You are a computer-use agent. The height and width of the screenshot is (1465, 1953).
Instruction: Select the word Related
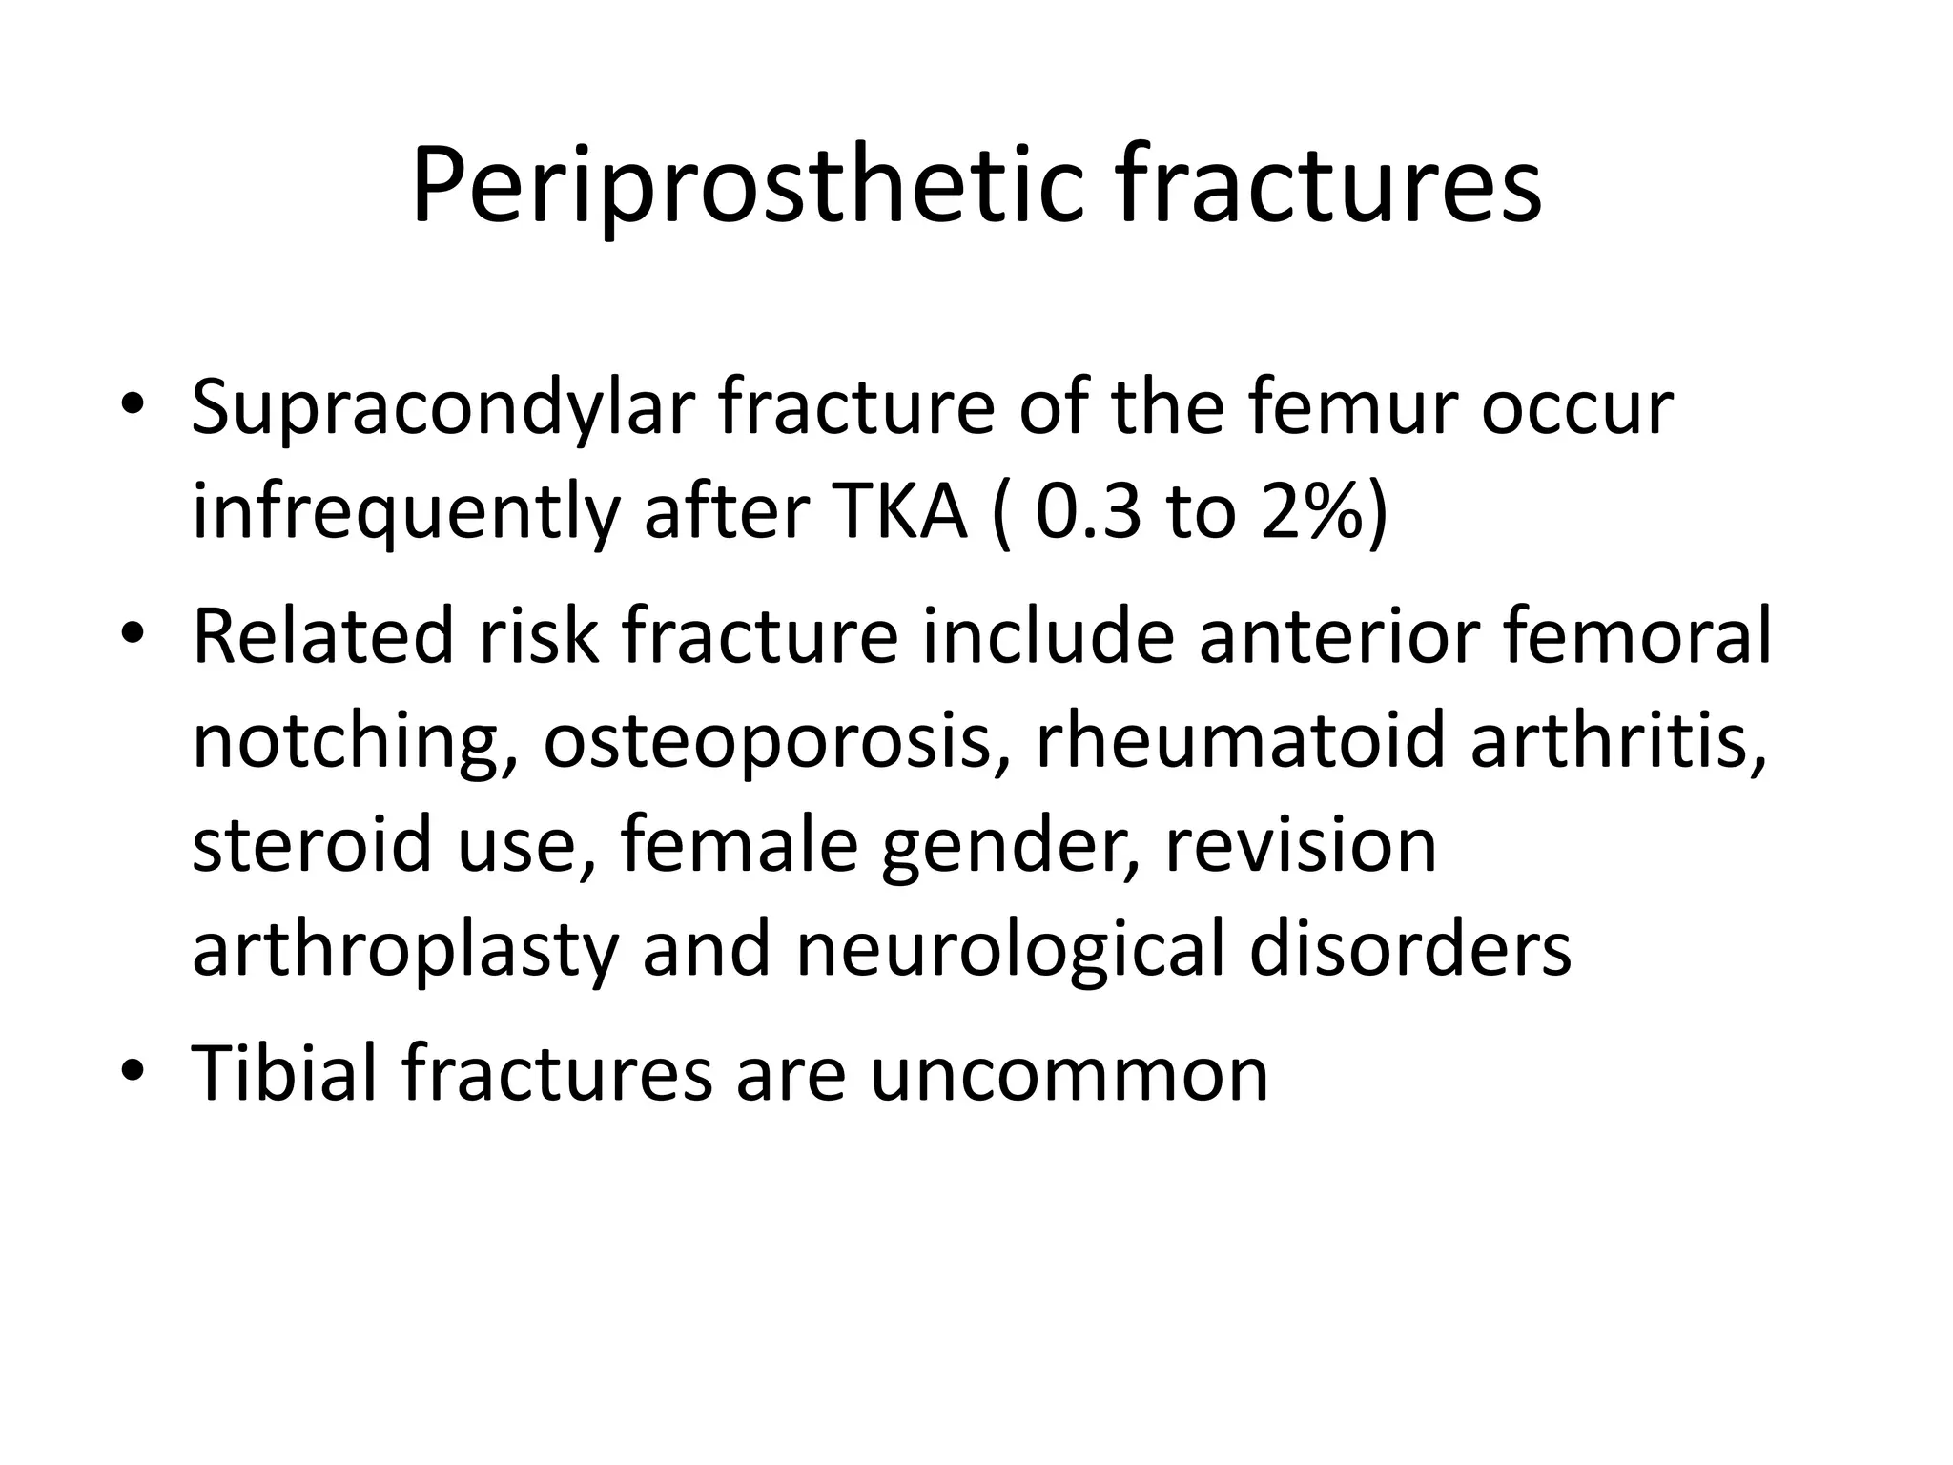coord(323,636)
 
